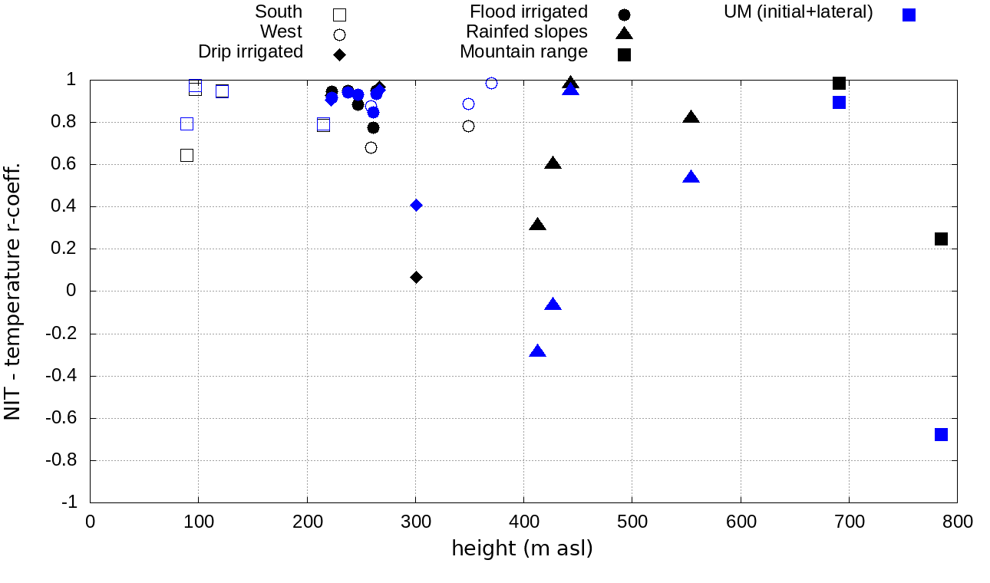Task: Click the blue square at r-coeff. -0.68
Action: tap(941, 434)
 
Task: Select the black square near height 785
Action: tap(941, 239)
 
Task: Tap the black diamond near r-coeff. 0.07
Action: tap(416, 277)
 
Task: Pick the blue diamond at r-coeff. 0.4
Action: tap(416, 205)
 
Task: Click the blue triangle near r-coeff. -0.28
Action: tap(537, 351)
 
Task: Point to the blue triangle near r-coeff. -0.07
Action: tap(553, 305)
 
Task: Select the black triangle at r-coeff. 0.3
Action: tap(537, 225)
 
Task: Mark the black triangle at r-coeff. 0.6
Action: tap(553, 163)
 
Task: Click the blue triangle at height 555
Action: tap(691, 177)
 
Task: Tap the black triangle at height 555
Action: tap(691, 117)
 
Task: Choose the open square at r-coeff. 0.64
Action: tap(186, 155)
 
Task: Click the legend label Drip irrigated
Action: tap(250, 52)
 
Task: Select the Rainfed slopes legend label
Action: tap(526, 32)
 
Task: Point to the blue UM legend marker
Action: tap(909, 15)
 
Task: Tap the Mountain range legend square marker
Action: tap(625, 54)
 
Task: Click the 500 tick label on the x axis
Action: tap(632, 522)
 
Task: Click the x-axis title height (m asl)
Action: tap(522, 549)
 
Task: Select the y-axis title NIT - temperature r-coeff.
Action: tap(13, 291)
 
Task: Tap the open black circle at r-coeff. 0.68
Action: tap(371, 147)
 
